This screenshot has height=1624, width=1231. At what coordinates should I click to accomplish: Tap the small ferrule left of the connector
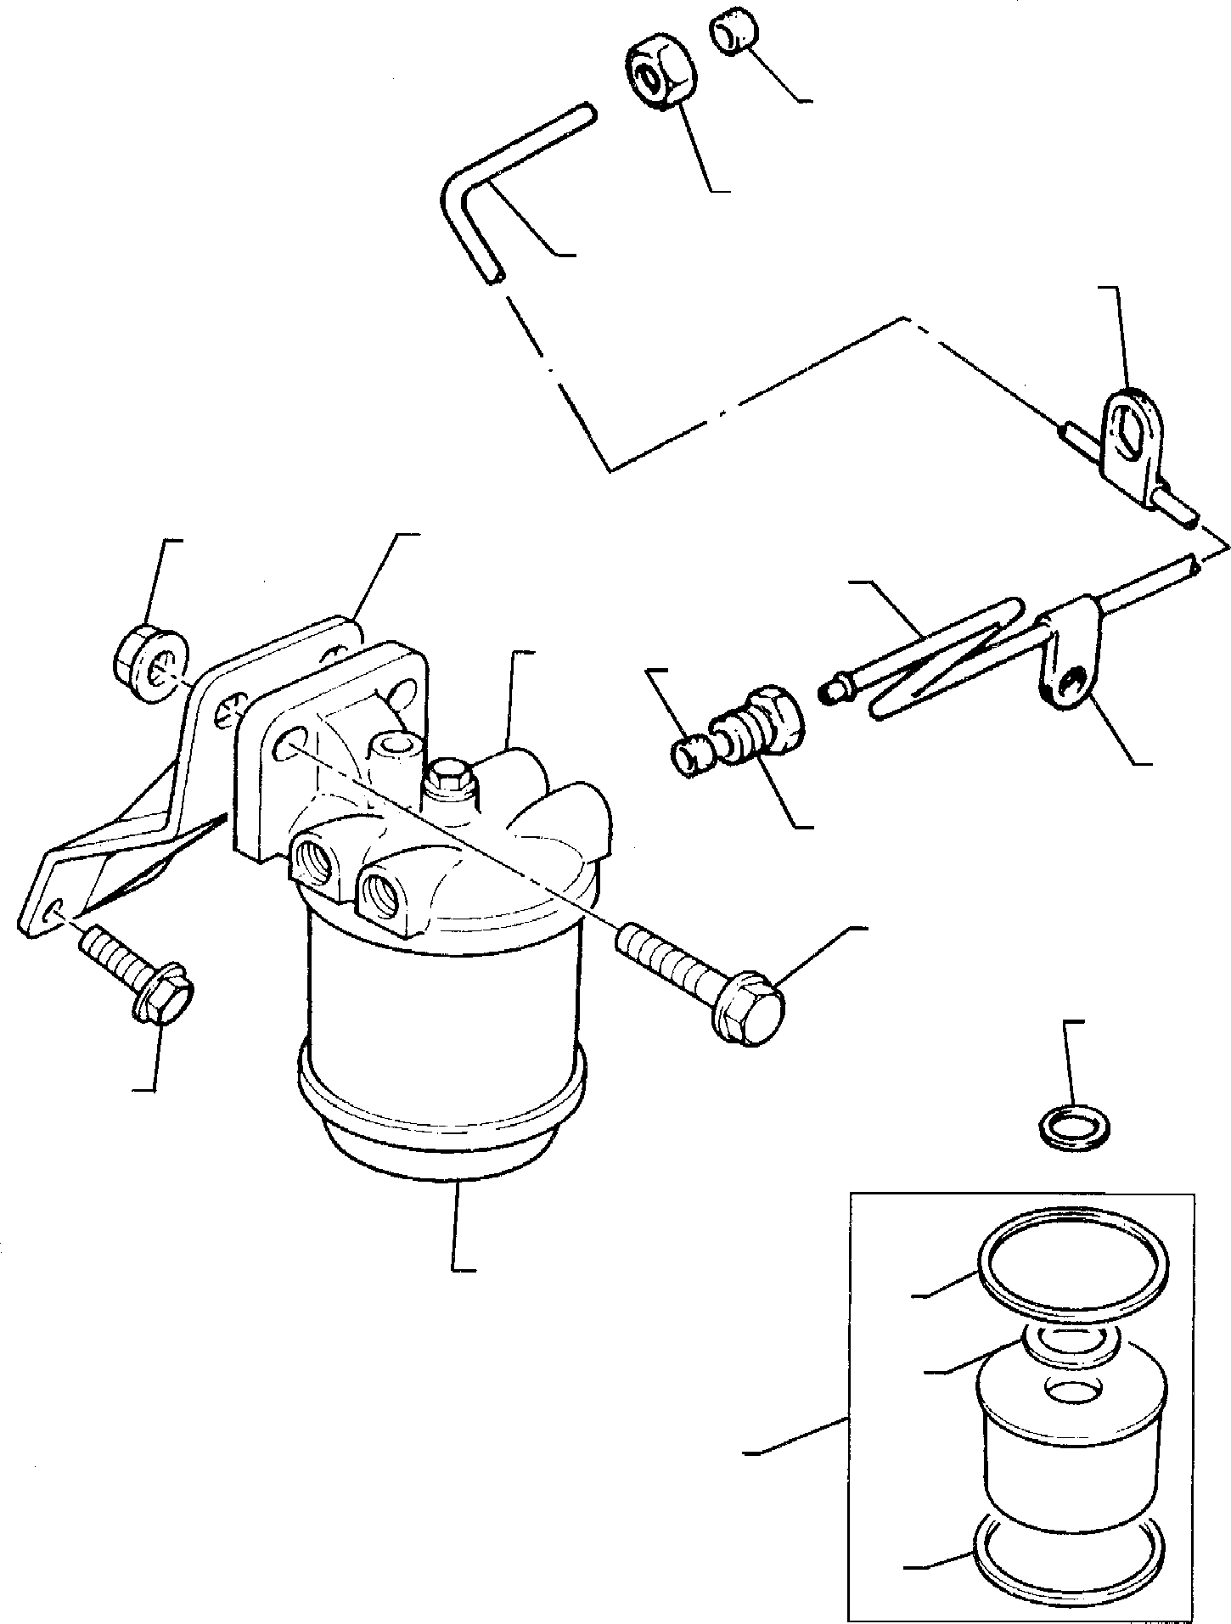(x=691, y=755)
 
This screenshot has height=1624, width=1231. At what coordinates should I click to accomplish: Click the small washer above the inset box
(x=1076, y=1130)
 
